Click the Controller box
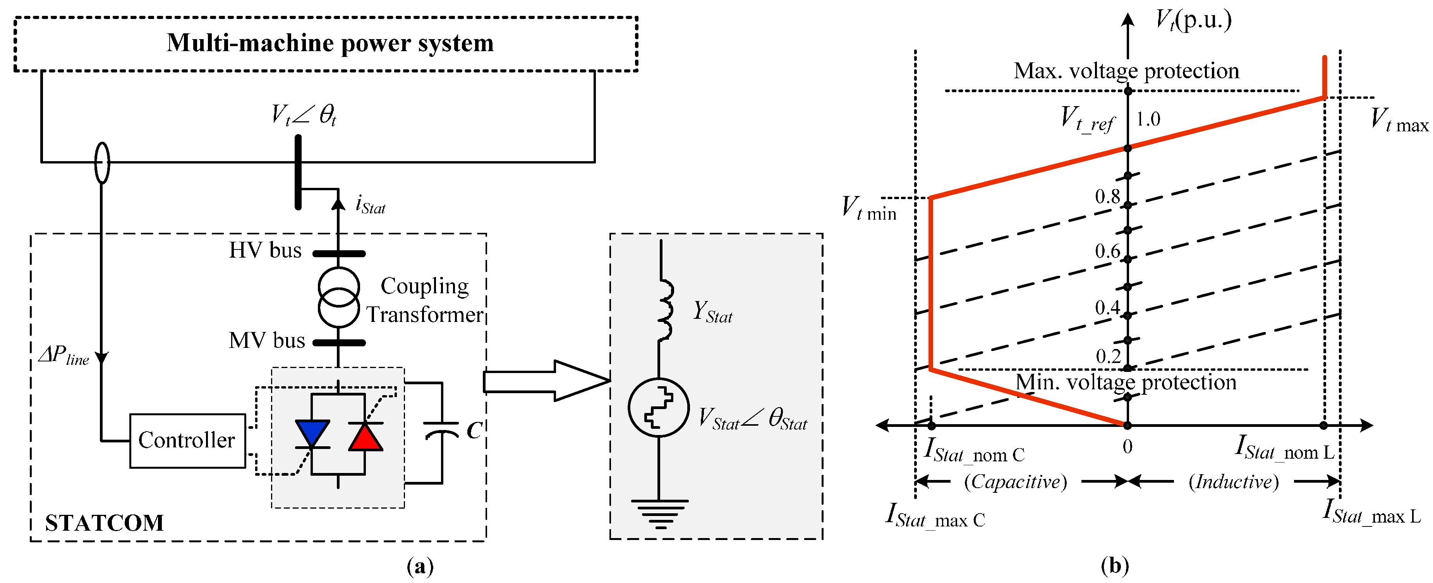[x=187, y=440]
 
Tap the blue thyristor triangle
[x=312, y=432]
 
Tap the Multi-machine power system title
[x=330, y=43]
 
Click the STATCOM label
[x=104, y=523]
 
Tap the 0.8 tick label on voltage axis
[x=1107, y=196]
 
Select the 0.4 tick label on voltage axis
[x=1107, y=307]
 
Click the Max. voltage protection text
[x=1126, y=71]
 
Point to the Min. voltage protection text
[x=1126, y=382]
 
